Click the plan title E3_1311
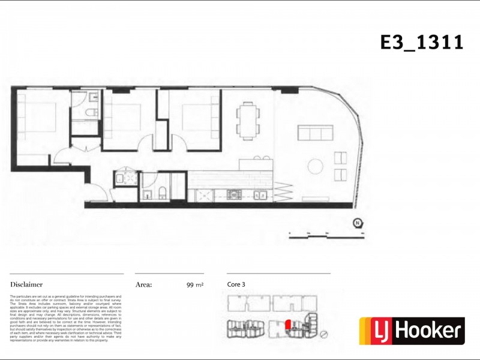coord(422,43)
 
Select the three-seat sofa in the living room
coord(315,133)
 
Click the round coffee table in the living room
coord(314,166)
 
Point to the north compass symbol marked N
coord(358,223)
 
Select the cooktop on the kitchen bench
coord(232,194)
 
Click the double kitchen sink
coord(260,194)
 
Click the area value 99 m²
coord(195,286)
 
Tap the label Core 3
coord(236,284)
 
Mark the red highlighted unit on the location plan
coord(288,325)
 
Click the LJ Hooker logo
coord(412,331)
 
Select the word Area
coord(143,285)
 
